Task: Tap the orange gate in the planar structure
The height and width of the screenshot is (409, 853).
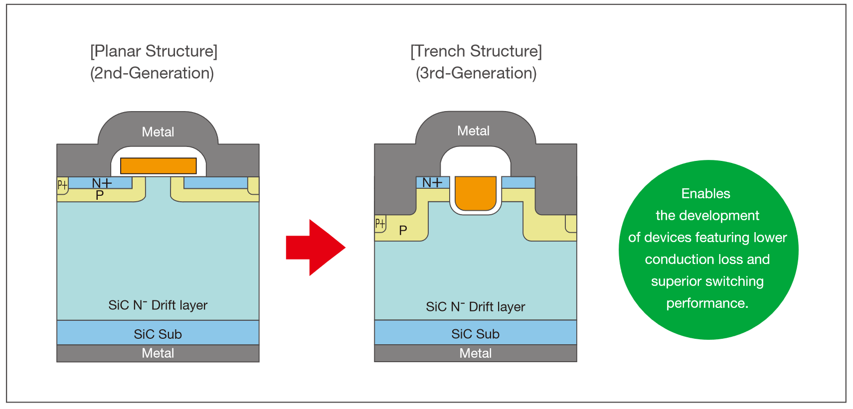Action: pyautogui.click(x=159, y=166)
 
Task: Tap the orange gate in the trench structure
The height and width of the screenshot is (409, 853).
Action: pyautogui.click(x=476, y=193)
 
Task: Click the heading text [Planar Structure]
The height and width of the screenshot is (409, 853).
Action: pyautogui.click(x=154, y=51)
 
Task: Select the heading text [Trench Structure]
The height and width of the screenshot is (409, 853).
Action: pyautogui.click(x=476, y=51)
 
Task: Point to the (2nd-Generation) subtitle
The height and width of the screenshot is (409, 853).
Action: pyautogui.click(x=152, y=73)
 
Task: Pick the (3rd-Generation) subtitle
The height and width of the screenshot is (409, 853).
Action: pyautogui.click(x=476, y=73)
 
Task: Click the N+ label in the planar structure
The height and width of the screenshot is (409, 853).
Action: pyautogui.click(x=102, y=183)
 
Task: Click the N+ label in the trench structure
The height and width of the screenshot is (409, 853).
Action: pyautogui.click(x=432, y=183)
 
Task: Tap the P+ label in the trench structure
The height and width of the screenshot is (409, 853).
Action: pyautogui.click(x=380, y=223)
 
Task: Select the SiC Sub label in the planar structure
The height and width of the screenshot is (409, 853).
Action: pyautogui.click(x=158, y=334)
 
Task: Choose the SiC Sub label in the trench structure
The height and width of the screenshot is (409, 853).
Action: pyautogui.click(x=475, y=334)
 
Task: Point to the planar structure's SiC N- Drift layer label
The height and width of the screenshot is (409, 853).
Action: pyautogui.click(x=158, y=305)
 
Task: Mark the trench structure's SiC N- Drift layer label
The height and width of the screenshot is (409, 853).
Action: pyautogui.click(x=475, y=307)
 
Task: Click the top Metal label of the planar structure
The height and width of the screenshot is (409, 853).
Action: pyautogui.click(x=158, y=132)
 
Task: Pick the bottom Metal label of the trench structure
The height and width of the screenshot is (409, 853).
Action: pyautogui.click(x=475, y=353)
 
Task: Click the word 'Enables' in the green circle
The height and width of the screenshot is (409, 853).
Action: pyautogui.click(x=705, y=194)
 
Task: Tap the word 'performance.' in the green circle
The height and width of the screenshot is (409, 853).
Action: pyautogui.click(x=707, y=303)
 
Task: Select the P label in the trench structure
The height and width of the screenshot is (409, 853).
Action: pyautogui.click(x=403, y=231)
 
